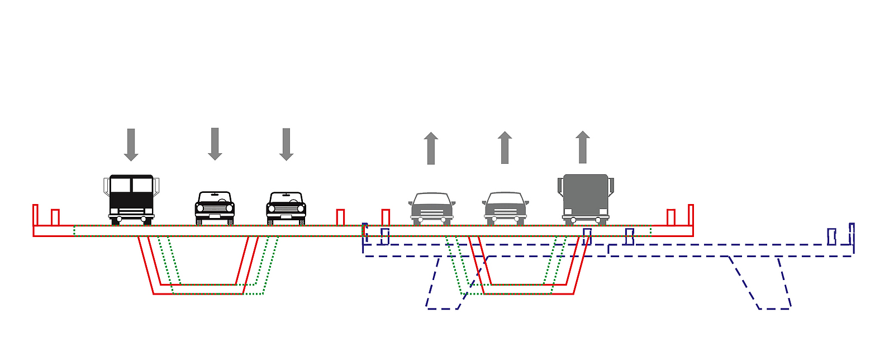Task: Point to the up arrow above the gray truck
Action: [583, 147]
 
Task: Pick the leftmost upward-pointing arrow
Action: [431, 148]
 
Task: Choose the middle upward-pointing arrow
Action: [505, 148]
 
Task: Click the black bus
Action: [131, 199]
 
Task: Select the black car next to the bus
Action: [215, 208]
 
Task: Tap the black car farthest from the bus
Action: [286, 208]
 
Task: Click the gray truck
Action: [586, 199]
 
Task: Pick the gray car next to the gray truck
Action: [505, 208]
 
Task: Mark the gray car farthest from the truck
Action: [431, 208]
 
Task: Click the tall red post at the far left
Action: [35, 215]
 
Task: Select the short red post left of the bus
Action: [55, 217]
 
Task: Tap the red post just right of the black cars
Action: [340, 217]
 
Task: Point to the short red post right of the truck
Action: [671, 217]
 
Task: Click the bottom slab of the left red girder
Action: [198, 289]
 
